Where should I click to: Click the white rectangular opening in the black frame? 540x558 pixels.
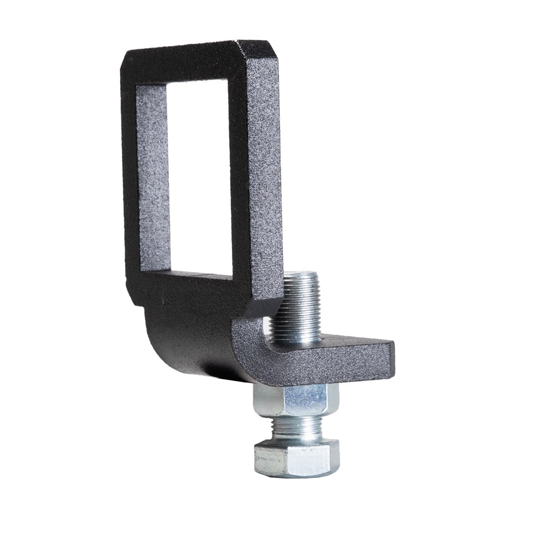click(200, 175)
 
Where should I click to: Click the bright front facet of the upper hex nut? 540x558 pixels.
click(307, 400)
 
